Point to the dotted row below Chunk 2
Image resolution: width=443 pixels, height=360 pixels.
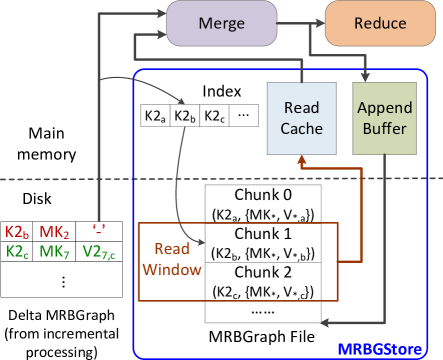[263, 311]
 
